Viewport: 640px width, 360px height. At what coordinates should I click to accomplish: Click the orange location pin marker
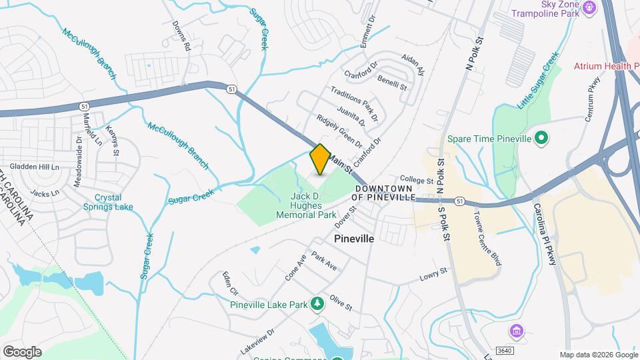320,159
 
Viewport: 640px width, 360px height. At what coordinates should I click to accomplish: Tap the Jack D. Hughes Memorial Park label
313,205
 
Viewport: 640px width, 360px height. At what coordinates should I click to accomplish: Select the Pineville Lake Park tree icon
318,304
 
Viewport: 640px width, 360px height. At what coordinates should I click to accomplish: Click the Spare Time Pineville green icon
541,139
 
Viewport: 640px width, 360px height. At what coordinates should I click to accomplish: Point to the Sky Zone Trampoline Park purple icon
589,7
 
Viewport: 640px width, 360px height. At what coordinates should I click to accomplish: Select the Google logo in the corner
21,351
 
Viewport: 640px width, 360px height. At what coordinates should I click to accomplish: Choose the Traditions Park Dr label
357,103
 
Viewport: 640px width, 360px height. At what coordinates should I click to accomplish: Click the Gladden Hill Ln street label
34,166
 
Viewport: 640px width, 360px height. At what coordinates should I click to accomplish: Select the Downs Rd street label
181,36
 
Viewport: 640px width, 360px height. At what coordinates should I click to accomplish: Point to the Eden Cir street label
231,283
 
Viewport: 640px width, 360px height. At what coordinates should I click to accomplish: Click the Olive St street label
340,305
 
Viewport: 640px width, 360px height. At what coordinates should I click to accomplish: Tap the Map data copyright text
599,355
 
